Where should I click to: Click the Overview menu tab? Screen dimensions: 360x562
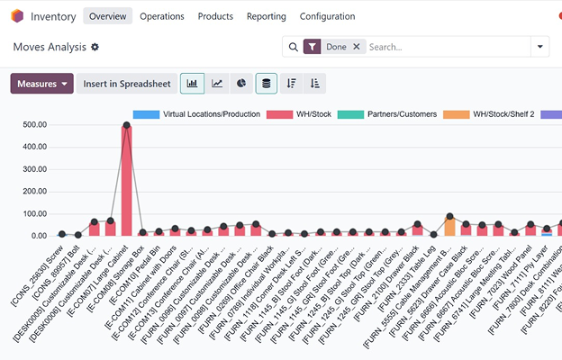pos(108,16)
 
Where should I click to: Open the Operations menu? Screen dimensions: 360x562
pos(162,16)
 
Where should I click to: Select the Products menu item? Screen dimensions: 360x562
pos(215,16)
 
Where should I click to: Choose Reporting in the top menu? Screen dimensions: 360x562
pos(266,16)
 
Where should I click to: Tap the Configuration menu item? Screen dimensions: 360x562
pos(327,16)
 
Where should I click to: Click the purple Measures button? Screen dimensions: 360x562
pos(41,84)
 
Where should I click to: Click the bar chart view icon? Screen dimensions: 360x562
pos(192,84)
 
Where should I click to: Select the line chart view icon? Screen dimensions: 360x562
pos(217,84)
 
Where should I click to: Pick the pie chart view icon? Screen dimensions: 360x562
pos(241,84)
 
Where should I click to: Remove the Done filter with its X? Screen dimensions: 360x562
pos(357,47)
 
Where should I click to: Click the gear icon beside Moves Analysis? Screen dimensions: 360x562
pos(95,47)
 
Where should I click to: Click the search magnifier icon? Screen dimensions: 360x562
pos(292,47)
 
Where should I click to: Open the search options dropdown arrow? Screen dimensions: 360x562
pos(540,47)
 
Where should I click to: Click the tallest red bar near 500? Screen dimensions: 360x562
pos(126,180)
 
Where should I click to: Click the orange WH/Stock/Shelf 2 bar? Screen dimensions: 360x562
pos(449,226)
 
